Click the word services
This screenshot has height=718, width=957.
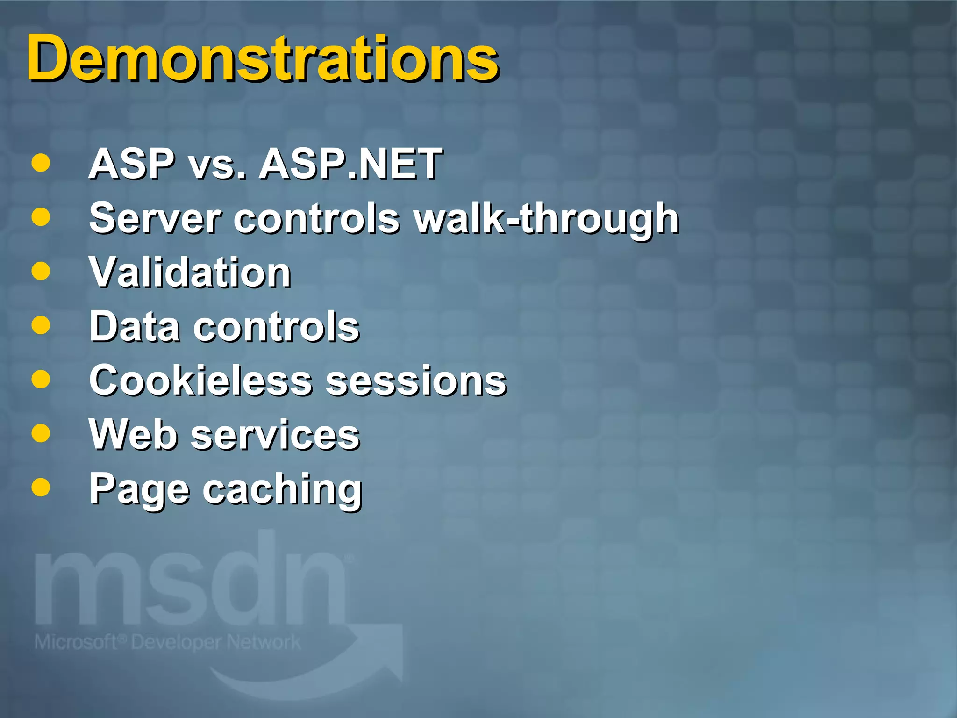(x=276, y=436)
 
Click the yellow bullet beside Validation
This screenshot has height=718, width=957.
(x=41, y=271)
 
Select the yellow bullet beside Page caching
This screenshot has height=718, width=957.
(x=41, y=487)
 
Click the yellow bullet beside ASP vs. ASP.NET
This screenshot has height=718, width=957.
(x=41, y=163)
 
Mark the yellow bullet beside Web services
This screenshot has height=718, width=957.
(x=41, y=433)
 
